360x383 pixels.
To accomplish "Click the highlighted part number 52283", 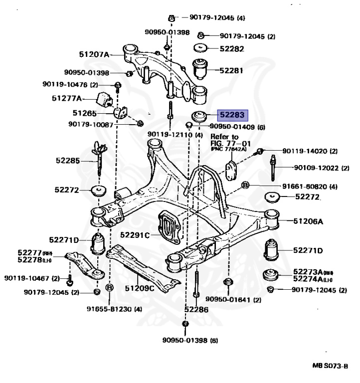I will pos(230,115).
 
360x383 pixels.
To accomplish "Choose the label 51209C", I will pos(140,288).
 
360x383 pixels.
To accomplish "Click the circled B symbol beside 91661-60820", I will pos(245,186).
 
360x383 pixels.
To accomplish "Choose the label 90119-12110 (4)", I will pos(175,135).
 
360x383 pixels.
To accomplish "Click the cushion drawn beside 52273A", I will pos(271,275).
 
